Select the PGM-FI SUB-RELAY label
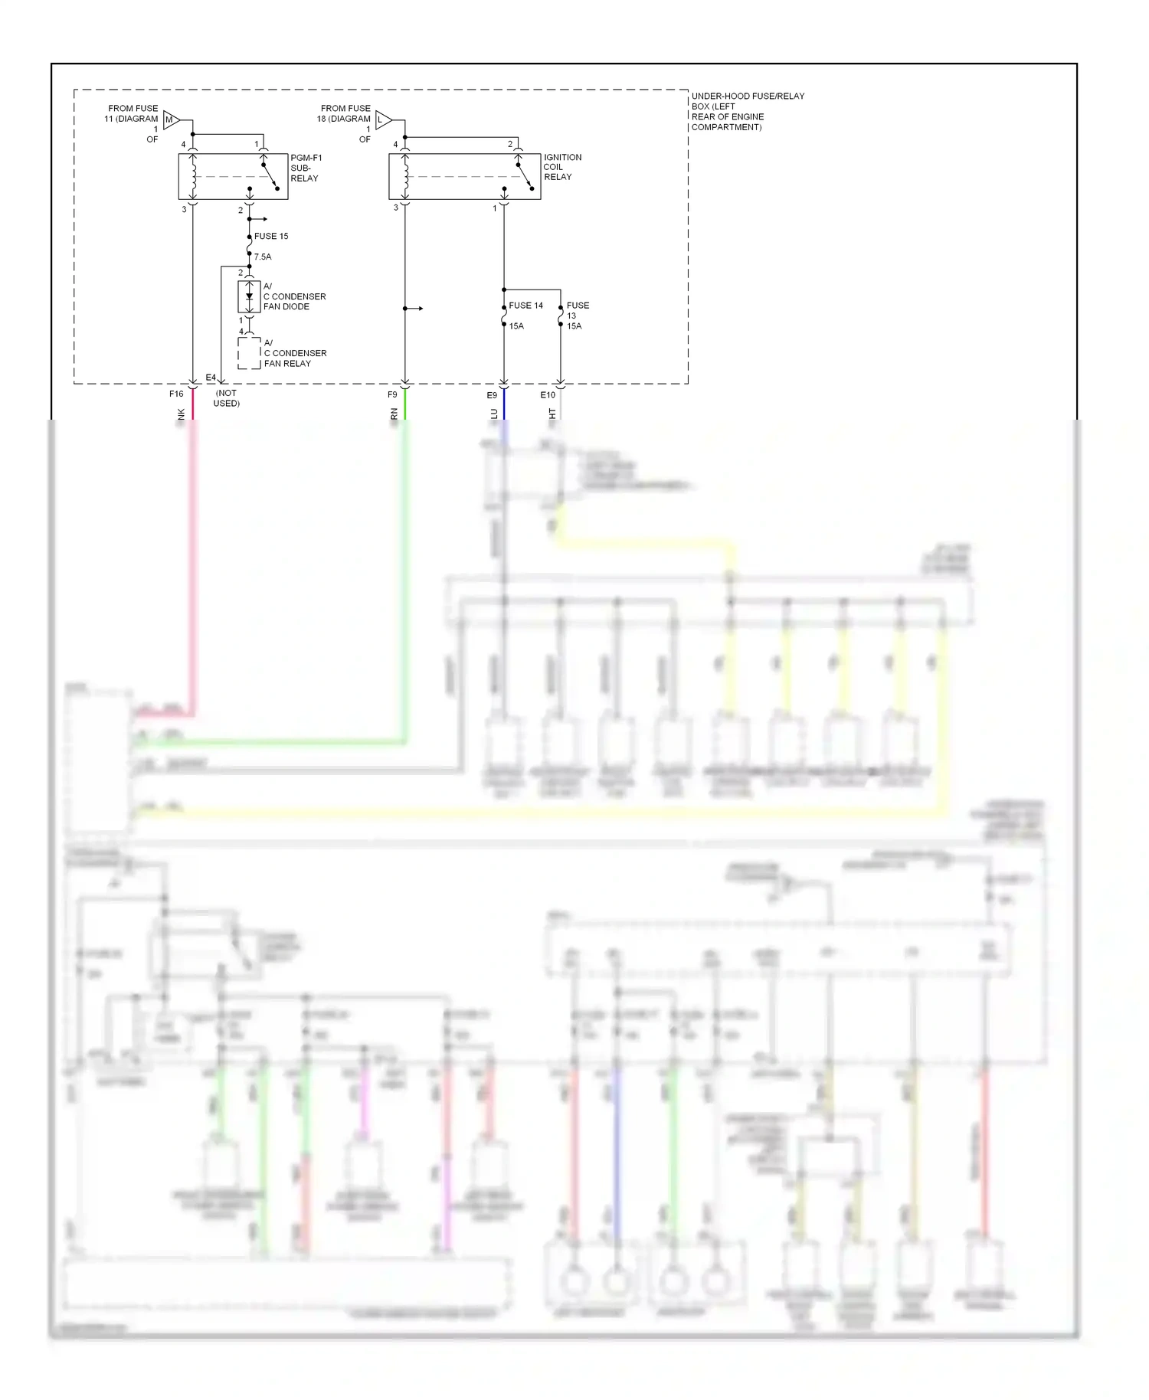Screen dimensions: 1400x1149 (x=306, y=168)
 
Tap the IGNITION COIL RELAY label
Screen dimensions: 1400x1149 (x=562, y=167)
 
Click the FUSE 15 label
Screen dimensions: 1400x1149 (x=271, y=236)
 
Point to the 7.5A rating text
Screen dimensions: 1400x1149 (x=263, y=257)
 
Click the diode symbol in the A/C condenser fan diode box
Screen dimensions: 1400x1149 (x=249, y=296)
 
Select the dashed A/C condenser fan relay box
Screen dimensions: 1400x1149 (x=249, y=353)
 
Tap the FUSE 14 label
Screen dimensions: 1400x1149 (x=525, y=305)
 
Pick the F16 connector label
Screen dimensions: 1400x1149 (x=176, y=394)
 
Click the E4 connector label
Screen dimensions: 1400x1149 (x=211, y=378)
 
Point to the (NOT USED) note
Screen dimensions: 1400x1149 (x=227, y=398)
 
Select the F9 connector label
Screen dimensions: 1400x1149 (x=392, y=394)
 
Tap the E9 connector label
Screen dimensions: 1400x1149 (x=492, y=395)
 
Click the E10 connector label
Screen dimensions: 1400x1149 (x=548, y=395)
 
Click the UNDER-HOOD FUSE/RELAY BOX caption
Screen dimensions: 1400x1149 (x=747, y=111)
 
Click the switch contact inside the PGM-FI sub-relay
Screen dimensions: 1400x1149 (x=270, y=176)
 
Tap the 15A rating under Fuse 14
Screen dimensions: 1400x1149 (x=516, y=326)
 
